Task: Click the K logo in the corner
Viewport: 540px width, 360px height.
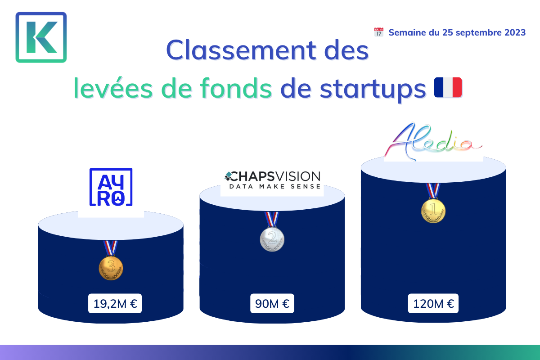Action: point(41,37)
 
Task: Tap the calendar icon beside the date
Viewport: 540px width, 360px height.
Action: point(379,32)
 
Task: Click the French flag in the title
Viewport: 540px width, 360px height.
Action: point(448,87)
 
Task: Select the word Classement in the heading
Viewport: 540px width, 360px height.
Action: point(241,50)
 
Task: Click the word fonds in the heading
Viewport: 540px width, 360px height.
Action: point(236,89)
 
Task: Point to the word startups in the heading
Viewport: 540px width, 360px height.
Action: point(373,90)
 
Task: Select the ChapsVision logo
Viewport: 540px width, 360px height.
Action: point(272,180)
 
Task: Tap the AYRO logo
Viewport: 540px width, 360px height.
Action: point(111,187)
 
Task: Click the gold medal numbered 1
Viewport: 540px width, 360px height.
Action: point(433,211)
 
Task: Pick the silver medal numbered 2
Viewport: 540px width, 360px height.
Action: point(272,239)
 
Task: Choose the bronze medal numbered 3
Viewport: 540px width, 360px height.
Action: point(111,268)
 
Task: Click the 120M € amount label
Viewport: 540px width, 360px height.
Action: point(433,303)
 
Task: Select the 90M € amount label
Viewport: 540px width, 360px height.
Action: point(272,303)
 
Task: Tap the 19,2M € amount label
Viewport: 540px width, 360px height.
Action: point(115,303)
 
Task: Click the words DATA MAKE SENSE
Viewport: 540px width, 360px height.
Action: point(275,186)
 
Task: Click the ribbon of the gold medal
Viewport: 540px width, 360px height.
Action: point(433,191)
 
